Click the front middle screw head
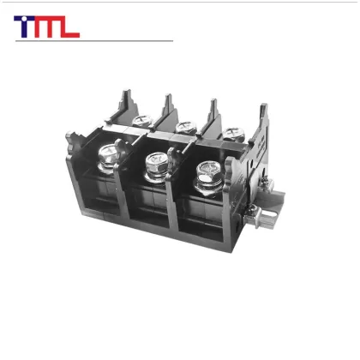pyautogui.click(x=156, y=160)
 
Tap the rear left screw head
pyautogui.click(x=139, y=121)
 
